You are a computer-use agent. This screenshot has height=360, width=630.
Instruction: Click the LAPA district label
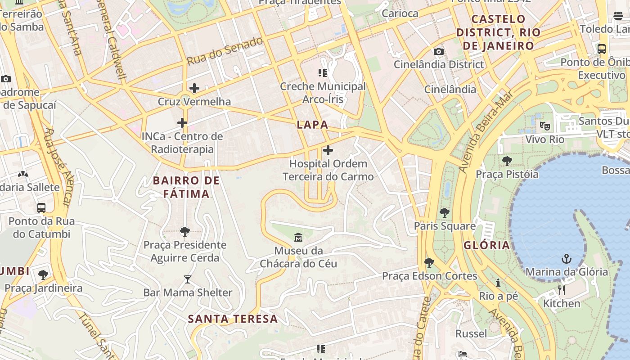click(312, 125)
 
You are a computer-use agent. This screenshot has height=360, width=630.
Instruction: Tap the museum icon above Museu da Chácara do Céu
click(298, 237)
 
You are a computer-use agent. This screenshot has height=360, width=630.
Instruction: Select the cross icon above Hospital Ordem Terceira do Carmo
click(328, 150)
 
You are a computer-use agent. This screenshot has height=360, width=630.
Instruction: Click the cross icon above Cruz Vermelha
click(194, 88)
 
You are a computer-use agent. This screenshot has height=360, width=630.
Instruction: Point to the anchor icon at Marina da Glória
click(567, 259)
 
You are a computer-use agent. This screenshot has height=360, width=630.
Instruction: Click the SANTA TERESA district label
click(233, 319)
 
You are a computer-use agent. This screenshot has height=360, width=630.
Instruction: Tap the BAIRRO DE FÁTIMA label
click(186, 187)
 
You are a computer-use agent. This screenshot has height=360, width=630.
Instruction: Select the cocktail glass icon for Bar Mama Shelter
click(188, 279)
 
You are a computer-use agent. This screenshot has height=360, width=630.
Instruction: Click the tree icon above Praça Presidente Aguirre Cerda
click(184, 232)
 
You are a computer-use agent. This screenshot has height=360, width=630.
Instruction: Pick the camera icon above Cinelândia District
click(439, 51)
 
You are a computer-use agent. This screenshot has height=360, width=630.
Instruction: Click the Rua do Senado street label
click(225, 51)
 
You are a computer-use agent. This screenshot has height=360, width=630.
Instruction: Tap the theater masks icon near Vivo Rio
click(545, 126)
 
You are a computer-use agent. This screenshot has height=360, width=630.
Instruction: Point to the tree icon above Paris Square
click(445, 212)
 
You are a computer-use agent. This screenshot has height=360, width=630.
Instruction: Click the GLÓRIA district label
click(486, 245)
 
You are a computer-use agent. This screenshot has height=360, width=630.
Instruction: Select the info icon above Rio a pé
click(498, 283)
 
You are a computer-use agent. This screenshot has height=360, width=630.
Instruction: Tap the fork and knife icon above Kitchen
click(561, 290)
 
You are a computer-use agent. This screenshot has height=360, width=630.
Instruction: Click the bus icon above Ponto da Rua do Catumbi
click(41, 208)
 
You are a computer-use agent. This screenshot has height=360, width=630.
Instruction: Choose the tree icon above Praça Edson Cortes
click(429, 262)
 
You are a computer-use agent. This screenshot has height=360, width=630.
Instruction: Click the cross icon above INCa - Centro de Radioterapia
click(182, 123)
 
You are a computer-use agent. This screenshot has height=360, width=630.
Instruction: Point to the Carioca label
click(400, 13)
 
